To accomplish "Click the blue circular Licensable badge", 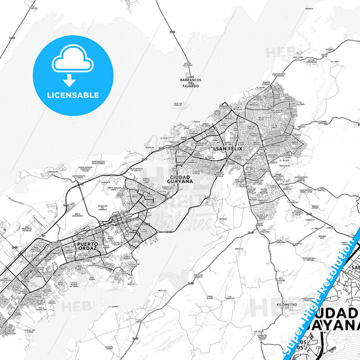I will tap(72, 75).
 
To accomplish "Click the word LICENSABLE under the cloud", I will tap(72, 95).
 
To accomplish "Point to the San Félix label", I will tap(228, 148).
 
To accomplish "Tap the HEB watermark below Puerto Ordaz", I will tap(75, 307).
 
